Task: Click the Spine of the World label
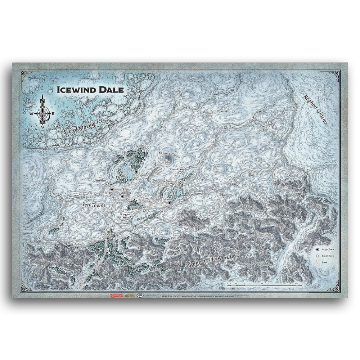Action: click(x=209, y=261)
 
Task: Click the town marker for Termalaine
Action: click(x=136, y=172)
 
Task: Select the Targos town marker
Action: click(x=112, y=189)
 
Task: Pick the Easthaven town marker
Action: click(x=169, y=203)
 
